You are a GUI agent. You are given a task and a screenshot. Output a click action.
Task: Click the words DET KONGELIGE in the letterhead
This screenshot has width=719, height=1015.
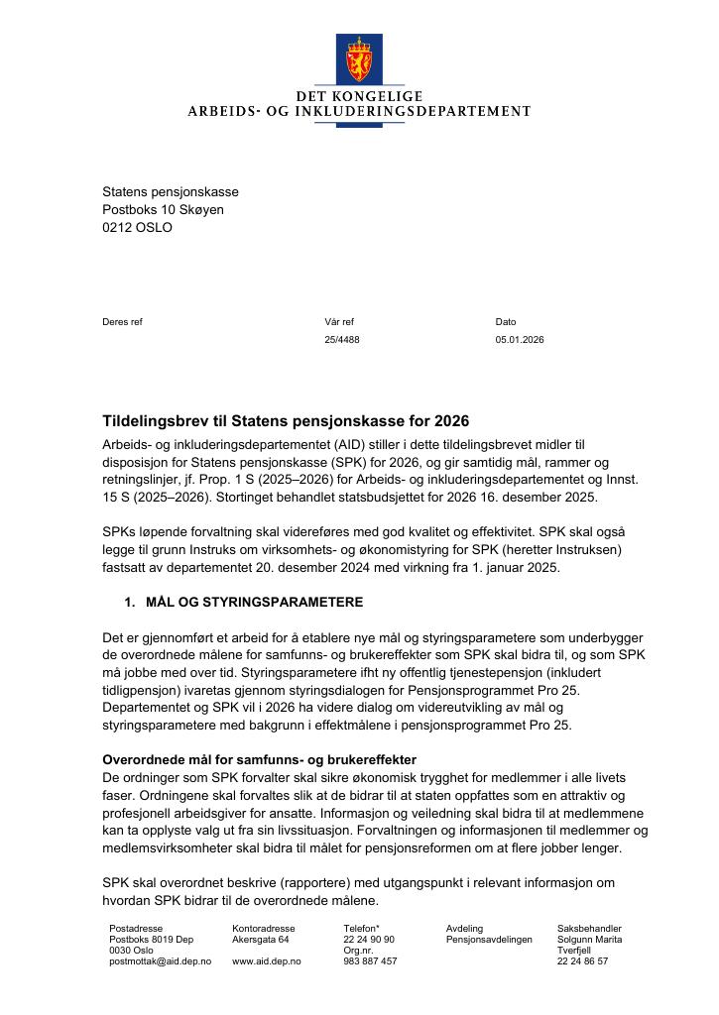click(x=359, y=96)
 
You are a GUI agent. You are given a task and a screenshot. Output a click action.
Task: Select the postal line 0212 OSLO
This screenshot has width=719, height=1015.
click(x=137, y=227)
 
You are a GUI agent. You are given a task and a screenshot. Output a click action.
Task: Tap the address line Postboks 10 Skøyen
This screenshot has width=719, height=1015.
click(x=163, y=209)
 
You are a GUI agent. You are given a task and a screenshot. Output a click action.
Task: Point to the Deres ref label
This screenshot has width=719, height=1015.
click(x=122, y=322)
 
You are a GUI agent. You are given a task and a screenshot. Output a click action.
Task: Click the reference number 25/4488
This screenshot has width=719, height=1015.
click(x=342, y=340)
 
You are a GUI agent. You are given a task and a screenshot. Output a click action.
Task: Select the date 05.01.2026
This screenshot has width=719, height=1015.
click(x=520, y=340)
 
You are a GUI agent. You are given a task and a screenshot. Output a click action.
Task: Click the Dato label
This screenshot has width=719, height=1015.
click(x=506, y=322)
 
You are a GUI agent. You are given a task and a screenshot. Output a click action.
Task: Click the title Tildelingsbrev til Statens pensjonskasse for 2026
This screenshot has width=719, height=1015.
click(x=286, y=421)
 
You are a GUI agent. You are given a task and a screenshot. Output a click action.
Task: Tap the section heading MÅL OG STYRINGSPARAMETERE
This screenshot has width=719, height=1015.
click(x=254, y=602)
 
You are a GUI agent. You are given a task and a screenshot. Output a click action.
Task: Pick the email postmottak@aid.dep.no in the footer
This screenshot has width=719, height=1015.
click(x=160, y=961)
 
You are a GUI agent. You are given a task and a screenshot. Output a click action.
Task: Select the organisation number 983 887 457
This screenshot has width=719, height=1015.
click(x=370, y=961)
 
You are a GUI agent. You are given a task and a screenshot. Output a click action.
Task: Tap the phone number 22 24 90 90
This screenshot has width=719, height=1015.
click(x=369, y=940)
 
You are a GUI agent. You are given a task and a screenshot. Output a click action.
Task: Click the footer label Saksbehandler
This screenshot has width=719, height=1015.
click(x=589, y=929)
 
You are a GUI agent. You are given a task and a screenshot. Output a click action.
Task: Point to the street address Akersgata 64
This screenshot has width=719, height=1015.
click(x=260, y=940)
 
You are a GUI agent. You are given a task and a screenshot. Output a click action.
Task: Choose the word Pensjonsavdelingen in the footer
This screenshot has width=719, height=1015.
click(x=489, y=940)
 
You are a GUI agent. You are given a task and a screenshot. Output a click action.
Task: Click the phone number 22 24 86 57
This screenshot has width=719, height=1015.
click(x=582, y=961)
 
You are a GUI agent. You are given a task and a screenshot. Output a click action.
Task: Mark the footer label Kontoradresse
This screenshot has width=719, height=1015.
click(x=263, y=929)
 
